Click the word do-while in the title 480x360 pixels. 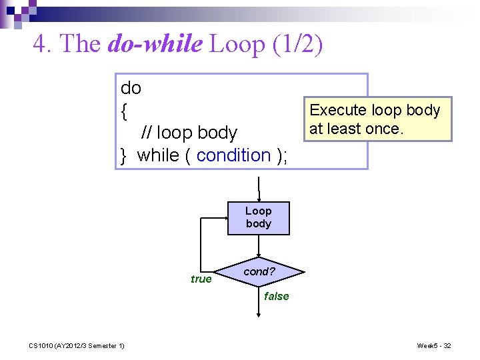pyautogui.click(x=154, y=44)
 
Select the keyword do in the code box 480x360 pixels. pyautogui.click(x=131, y=88)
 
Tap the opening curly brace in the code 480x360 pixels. pyautogui.click(x=124, y=111)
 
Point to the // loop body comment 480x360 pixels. pyautogui.click(x=189, y=133)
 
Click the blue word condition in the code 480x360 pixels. pyautogui.click(x=233, y=155)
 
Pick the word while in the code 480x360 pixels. pyautogui.click(x=157, y=155)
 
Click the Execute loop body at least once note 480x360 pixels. pyautogui.click(x=375, y=119)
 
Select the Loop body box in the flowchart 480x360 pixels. pyautogui.click(x=259, y=218)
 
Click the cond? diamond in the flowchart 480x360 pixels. pyautogui.click(x=259, y=272)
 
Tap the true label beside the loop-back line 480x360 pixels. pyautogui.click(x=201, y=279)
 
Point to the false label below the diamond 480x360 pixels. pyautogui.click(x=277, y=296)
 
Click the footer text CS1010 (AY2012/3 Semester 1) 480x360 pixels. pyautogui.click(x=76, y=345)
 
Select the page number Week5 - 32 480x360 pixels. pyautogui.click(x=434, y=345)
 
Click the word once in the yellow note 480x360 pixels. pyautogui.click(x=382, y=129)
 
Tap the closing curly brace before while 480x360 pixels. pyautogui.click(x=124, y=156)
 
